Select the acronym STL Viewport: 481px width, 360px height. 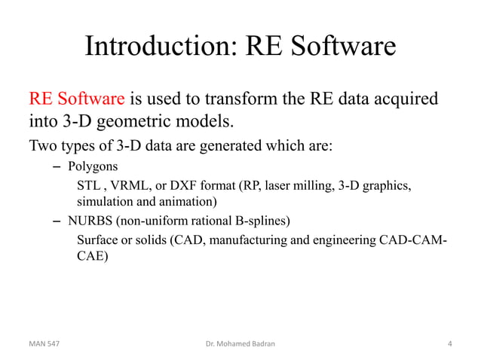pyautogui.click(x=88, y=185)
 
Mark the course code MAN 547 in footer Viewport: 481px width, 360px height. pyautogui.click(x=45, y=343)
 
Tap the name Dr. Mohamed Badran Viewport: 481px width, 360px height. pyautogui.click(x=240, y=343)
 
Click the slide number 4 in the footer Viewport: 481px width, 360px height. pyautogui.click(x=449, y=343)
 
